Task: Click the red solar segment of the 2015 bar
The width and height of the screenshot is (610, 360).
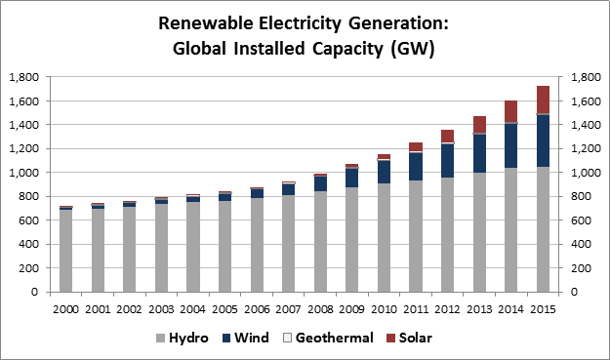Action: coord(543,100)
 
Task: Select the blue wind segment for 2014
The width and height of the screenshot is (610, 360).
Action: coord(511,145)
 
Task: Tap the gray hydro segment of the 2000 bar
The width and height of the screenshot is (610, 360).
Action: coord(66,251)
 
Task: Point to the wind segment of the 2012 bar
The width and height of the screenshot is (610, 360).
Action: coord(447,161)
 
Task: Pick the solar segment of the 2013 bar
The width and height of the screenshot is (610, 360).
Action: coord(479,125)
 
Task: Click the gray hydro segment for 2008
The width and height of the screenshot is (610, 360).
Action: coord(320,242)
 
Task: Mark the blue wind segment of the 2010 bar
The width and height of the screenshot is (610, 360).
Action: coord(384,172)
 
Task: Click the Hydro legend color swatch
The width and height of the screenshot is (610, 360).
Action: coord(161,338)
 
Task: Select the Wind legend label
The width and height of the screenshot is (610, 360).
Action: coord(252,338)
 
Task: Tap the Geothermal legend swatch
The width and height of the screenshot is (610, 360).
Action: coord(288,338)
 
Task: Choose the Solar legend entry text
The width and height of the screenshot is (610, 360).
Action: coord(416,338)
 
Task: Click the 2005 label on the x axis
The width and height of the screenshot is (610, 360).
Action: coord(224,309)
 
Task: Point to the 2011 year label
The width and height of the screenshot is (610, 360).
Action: coord(416,309)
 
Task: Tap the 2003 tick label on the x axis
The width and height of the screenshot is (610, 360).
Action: coord(161,309)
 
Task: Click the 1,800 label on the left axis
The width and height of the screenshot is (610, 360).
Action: coord(24,77)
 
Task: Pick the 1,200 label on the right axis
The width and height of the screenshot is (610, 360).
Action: coord(586,148)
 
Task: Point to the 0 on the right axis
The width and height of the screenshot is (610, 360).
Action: coord(574,292)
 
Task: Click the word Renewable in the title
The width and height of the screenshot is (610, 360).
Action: coord(206,23)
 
